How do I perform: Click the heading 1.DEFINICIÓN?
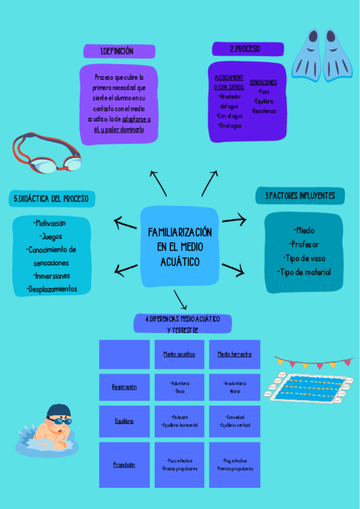click(118, 52)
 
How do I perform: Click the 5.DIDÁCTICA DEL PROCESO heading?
click(50, 199)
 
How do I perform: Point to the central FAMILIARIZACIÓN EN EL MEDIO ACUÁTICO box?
click(179, 246)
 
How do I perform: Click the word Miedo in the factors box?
click(304, 230)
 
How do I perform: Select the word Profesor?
click(304, 244)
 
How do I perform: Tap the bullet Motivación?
click(50, 223)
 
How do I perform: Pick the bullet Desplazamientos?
click(52, 289)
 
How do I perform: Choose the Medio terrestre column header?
click(235, 354)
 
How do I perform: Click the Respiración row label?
click(124, 387)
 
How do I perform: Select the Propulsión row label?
click(124, 465)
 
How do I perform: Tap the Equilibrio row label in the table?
click(124, 421)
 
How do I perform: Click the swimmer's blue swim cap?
click(58, 412)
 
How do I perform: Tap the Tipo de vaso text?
click(304, 258)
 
